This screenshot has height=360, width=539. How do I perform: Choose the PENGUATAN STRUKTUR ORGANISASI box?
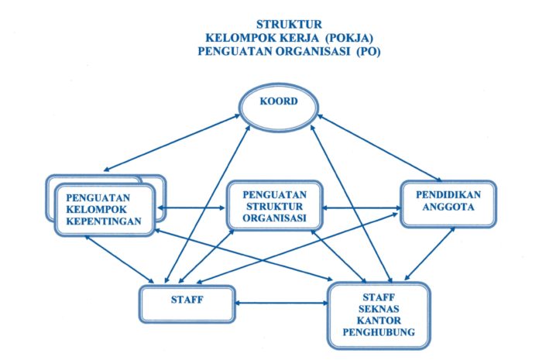274,207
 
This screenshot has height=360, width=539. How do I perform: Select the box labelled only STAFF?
187,302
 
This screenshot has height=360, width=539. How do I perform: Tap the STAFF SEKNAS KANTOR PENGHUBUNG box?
379,313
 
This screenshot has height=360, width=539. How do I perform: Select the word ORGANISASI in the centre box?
274,218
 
